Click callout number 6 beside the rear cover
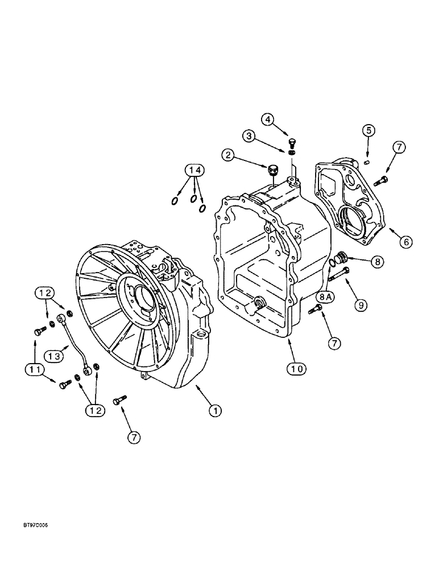click(x=405, y=241)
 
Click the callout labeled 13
click(x=53, y=356)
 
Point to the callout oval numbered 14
click(x=194, y=170)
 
